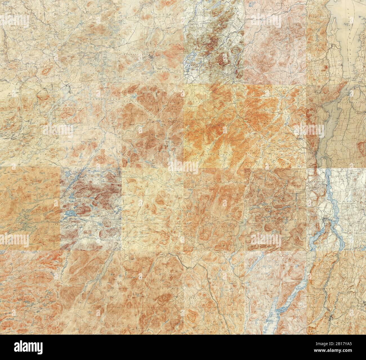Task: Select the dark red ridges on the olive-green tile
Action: click(x=217, y=45)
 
